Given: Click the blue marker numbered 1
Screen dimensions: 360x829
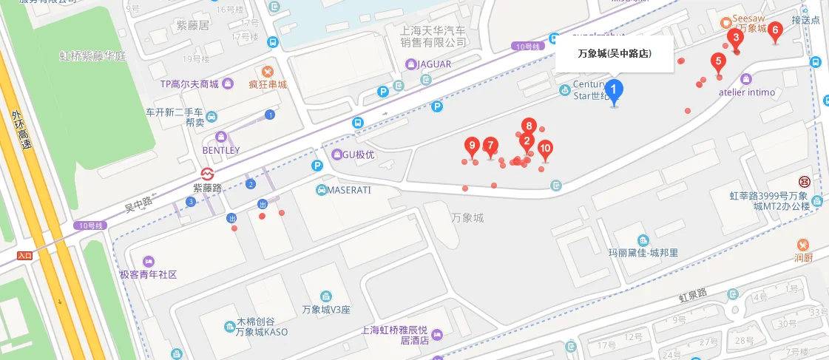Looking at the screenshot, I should point(614,90).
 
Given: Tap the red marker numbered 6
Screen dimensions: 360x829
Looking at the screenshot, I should point(774,31).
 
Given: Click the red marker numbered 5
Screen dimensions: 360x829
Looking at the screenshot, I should point(718,62).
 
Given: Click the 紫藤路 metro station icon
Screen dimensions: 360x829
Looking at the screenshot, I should point(209,173).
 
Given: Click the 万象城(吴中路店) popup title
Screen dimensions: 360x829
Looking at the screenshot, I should point(614,54).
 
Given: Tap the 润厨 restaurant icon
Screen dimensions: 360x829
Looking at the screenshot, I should point(803,245).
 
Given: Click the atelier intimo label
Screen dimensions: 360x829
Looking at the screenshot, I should point(747,92).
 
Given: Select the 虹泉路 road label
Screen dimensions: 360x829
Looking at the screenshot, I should point(693,296).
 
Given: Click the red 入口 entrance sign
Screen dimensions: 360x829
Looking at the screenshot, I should point(25,256).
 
